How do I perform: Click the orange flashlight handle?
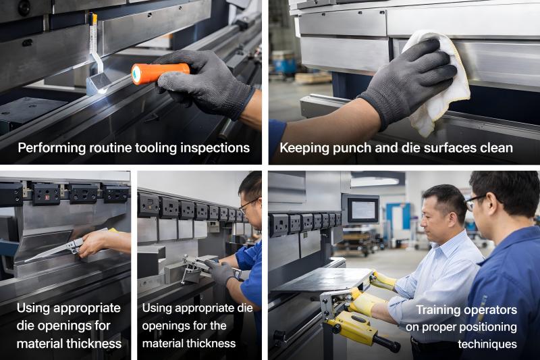[x=160, y=73]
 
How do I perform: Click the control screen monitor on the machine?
[x=363, y=210]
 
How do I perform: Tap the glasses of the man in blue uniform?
[x=476, y=201]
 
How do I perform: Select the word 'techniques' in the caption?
[x=487, y=344]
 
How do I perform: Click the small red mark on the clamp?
[x=47, y=198]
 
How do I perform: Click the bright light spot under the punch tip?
[x=103, y=91]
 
